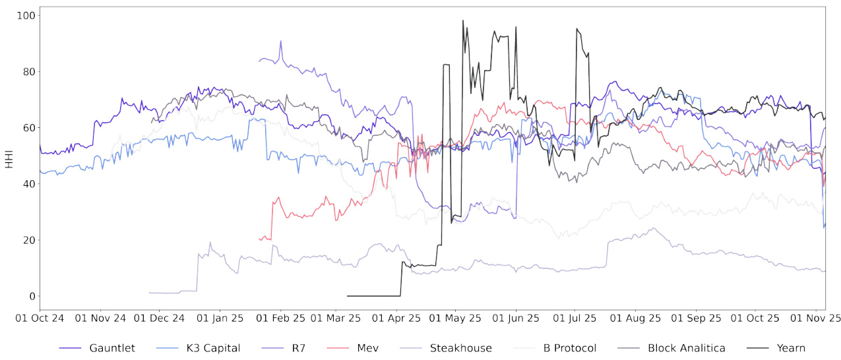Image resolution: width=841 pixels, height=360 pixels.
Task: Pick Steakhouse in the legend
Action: (456, 347)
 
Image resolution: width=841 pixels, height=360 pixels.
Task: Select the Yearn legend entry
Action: (792, 347)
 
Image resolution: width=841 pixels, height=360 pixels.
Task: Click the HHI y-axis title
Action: (9, 157)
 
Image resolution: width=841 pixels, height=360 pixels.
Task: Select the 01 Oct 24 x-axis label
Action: (40, 318)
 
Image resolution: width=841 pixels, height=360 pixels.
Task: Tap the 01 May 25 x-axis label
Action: (456, 318)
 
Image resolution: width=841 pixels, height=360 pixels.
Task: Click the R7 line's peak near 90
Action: (280, 41)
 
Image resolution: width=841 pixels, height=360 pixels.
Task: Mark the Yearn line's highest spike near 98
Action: (463, 20)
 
